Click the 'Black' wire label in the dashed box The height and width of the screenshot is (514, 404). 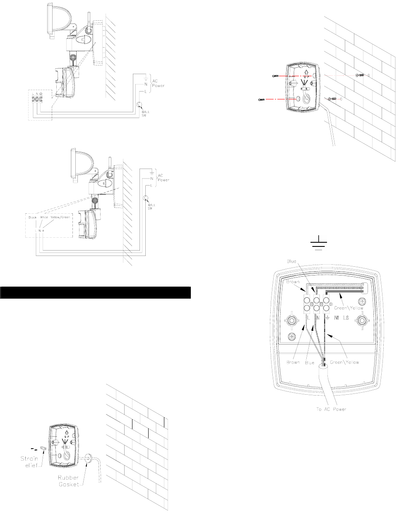(x=33, y=217)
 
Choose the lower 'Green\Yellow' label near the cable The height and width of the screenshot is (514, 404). (x=344, y=362)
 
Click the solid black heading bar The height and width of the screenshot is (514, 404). (x=96, y=292)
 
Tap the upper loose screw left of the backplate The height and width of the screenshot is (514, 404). (x=275, y=76)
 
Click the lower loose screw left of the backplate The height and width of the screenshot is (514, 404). (x=262, y=100)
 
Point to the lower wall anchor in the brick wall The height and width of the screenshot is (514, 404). (x=332, y=99)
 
